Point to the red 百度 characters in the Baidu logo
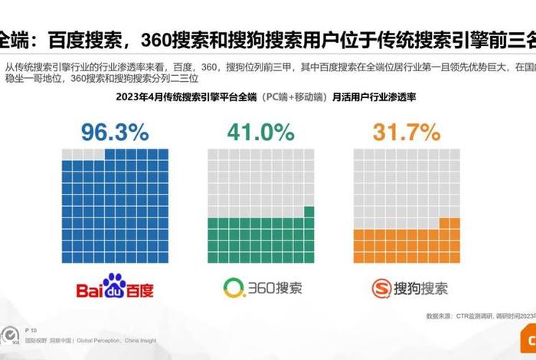(141, 290)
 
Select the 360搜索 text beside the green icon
(273, 289)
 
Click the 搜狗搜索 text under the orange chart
(421, 289)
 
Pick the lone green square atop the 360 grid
(309, 212)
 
